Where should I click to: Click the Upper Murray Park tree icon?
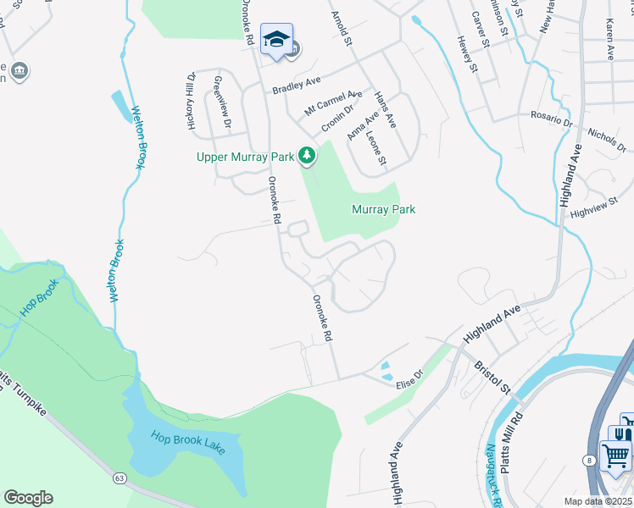coord(307,156)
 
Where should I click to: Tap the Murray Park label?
coord(383,209)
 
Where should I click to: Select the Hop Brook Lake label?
coord(188,443)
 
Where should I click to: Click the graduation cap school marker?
coord(276,39)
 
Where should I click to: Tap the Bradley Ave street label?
coord(296,86)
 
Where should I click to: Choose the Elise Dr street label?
coord(409,379)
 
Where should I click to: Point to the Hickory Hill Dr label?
coord(191,99)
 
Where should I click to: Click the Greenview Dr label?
coord(221,101)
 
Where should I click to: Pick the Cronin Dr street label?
coord(336,123)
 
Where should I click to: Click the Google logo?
coord(29,498)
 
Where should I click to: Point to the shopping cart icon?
coord(615,455)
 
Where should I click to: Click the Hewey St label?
coord(468,54)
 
